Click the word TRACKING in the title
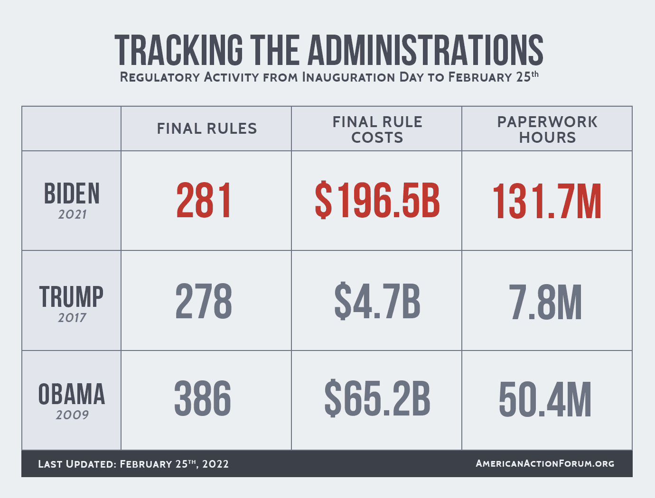point(178,50)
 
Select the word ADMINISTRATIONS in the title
point(426,50)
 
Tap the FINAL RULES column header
point(207,129)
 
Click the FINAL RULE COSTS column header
point(377,129)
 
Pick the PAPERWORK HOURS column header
point(547,129)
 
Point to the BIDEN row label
point(72,194)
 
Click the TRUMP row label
point(71,297)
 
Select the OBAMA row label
point(72,395)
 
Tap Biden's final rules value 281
point(204,201)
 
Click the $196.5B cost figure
point(377,201)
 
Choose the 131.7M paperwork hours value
point(547,202)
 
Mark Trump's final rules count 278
point(204,302)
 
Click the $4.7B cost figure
point(377,302)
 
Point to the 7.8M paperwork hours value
point(546,303)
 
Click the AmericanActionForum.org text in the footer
point(545,463)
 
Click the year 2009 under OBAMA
point(72,415)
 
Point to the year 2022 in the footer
point(215,464)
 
